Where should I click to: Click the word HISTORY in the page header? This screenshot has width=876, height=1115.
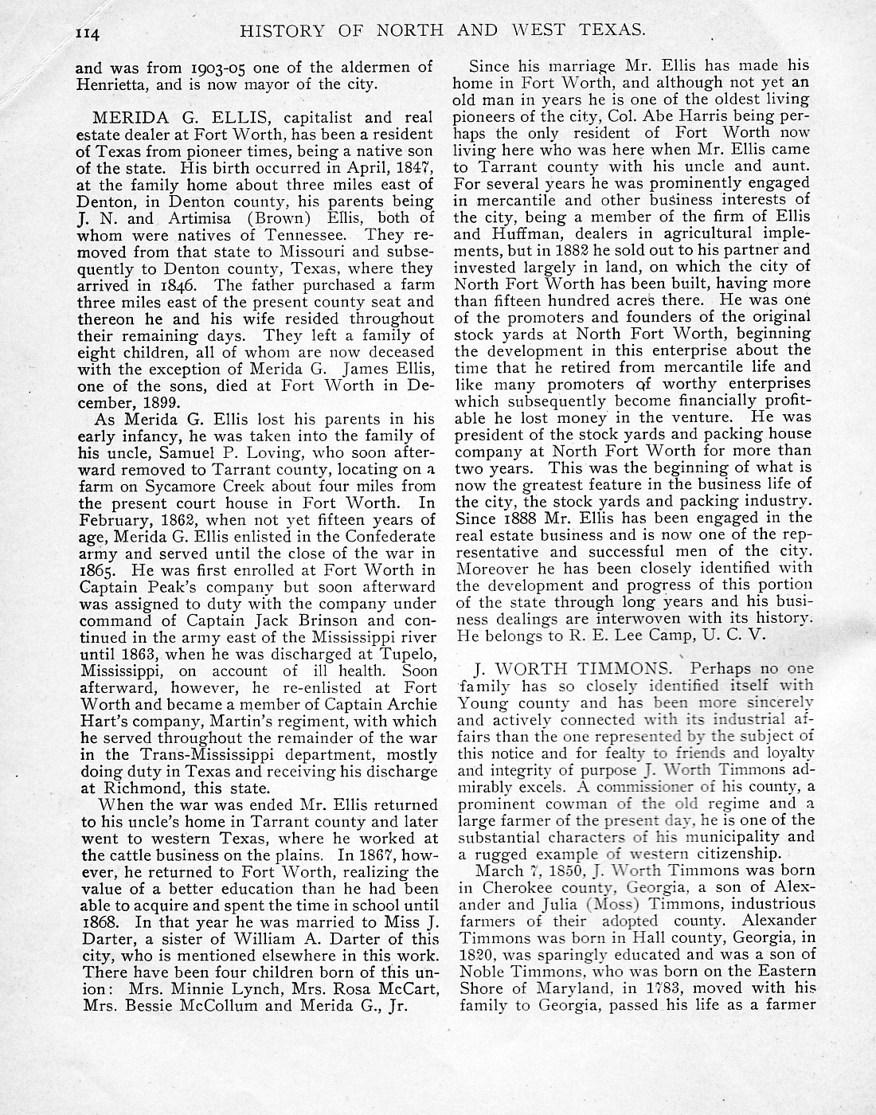[x=282, y=30]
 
